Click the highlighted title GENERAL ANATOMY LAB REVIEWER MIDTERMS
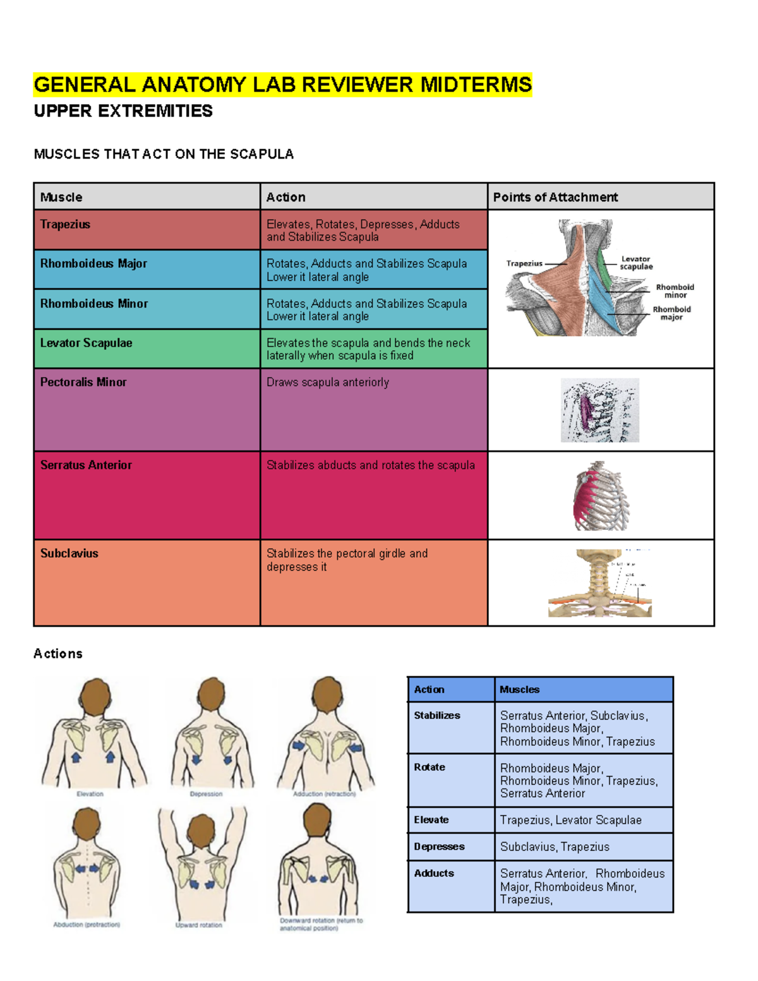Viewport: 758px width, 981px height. click(282, 85)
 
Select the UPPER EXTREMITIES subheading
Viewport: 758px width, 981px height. click(123, 111)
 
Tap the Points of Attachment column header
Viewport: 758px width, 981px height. click(555, 197)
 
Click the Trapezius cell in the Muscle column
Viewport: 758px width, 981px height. click(65, 224)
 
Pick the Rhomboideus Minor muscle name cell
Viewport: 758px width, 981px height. click(94, 304)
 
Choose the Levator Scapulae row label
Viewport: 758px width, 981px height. click(87, 343)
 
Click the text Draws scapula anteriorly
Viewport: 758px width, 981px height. click(328, 382)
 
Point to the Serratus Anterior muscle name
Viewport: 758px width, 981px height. click(86, 465)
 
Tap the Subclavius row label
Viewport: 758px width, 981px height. click(69, 553)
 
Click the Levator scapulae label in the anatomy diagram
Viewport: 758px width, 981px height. click(635, 263)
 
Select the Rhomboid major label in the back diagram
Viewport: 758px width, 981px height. click(671, 313)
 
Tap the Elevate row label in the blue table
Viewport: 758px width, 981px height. click(431, 820)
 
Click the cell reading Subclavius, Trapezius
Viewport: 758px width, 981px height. click(555, 846)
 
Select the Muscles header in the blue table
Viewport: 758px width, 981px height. click(519, 690)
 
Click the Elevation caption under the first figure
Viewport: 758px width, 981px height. click(90, 794)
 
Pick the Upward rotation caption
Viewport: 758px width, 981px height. click(198, 925)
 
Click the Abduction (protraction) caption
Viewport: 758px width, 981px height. click(87, 925)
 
